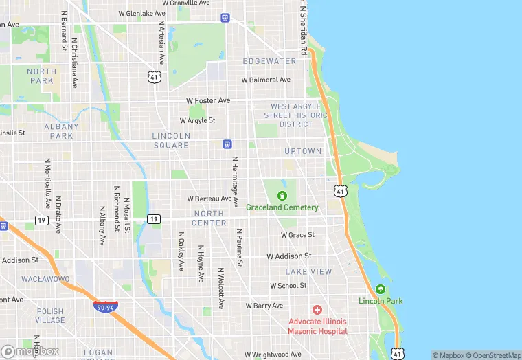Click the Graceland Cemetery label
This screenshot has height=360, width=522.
282,207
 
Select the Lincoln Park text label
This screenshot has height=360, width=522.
380,301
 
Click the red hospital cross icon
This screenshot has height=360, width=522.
317,311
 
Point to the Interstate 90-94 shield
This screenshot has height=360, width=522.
105,307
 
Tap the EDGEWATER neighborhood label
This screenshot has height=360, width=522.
269,61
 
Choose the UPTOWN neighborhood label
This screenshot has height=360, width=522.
303,151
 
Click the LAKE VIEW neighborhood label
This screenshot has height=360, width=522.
308,272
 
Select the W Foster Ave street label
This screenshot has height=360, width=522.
208,100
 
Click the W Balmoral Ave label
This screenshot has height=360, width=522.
266,80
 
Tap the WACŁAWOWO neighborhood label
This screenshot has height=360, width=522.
45,280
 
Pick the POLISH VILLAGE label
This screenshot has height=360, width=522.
49,316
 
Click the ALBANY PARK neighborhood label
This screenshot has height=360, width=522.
62,131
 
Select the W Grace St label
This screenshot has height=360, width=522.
297,235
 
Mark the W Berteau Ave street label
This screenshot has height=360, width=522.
209,199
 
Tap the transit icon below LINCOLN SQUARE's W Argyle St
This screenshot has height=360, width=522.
227,144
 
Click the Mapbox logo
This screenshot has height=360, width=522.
30,351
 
